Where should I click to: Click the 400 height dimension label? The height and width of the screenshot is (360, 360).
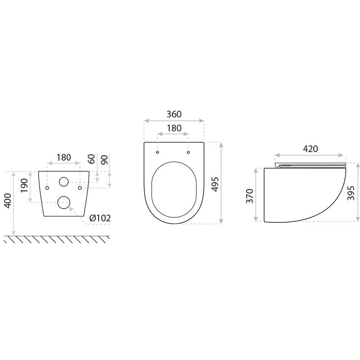(8, 201)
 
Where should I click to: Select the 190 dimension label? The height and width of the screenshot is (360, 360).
(24, 185)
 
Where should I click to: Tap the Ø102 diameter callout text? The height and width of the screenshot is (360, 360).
(100, 218)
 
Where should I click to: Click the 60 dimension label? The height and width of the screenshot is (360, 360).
(91, 159)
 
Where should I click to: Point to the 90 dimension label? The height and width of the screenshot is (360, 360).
(104, 160)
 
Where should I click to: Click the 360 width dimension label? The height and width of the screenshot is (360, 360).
(174, 114)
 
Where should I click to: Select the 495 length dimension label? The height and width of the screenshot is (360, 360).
(215, 184)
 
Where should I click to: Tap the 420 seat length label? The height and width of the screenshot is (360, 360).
(310, 149)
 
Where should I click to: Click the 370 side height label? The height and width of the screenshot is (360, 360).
(250, 196)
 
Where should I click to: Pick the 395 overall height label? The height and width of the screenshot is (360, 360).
(351, 193)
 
